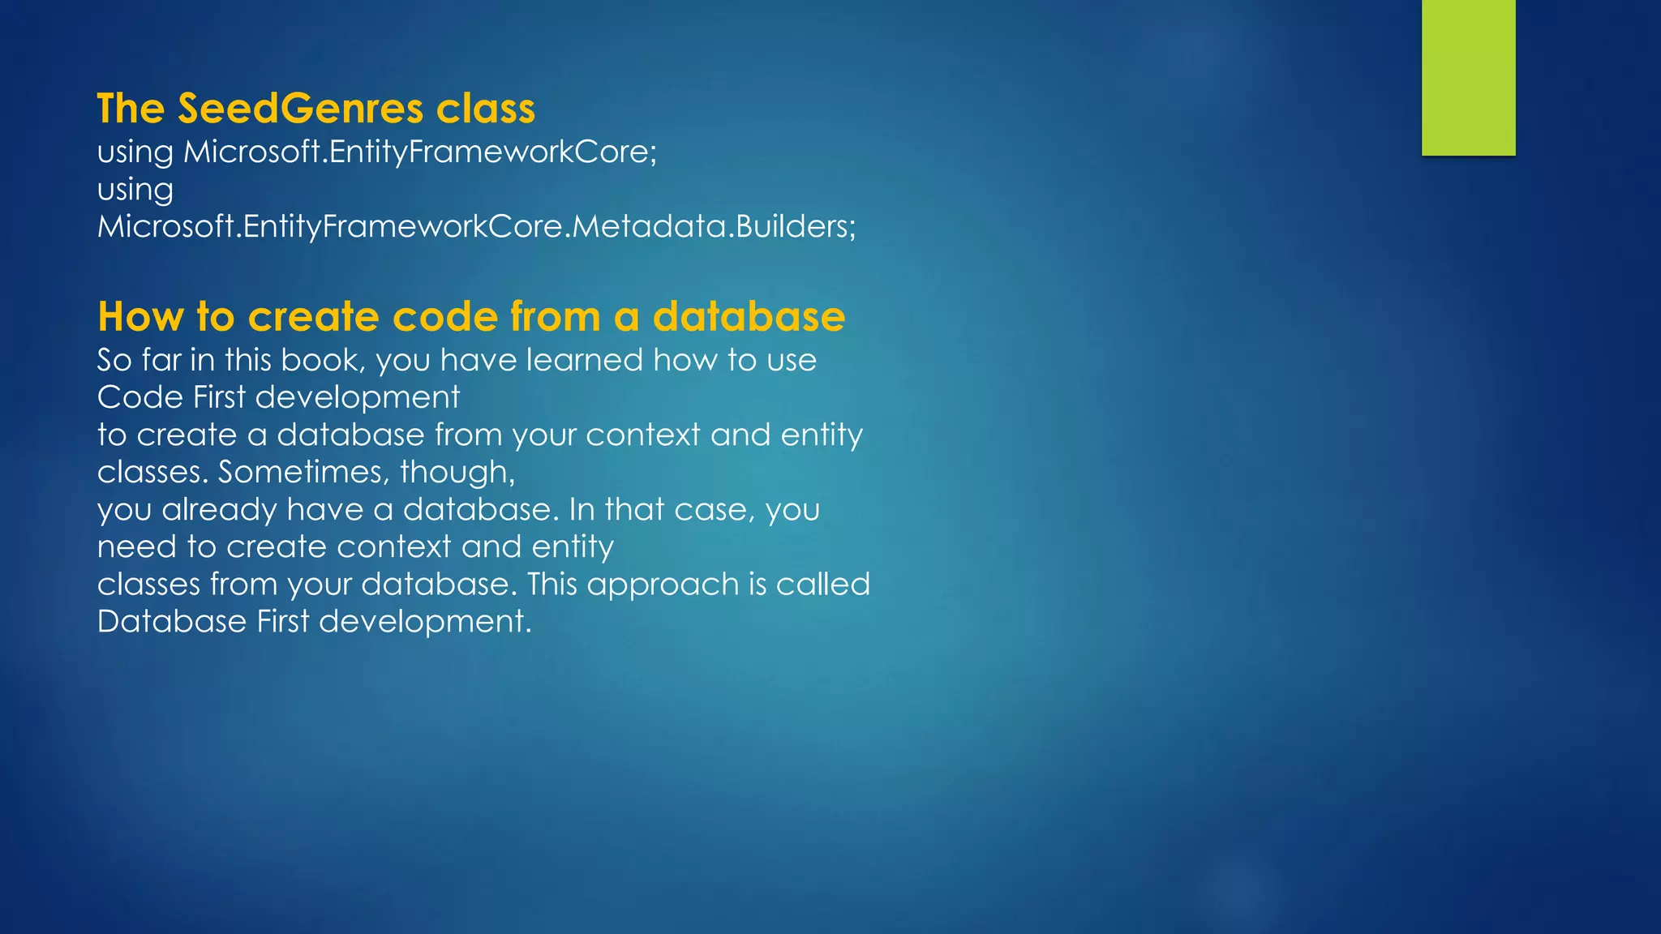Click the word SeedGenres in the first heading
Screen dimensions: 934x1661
[300, 109]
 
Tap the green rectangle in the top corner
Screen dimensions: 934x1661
[1468, 77]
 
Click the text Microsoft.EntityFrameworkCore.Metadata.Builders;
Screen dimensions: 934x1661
[476, 226]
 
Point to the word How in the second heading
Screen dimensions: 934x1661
[140, 316]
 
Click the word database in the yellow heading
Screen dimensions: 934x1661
[749, 316]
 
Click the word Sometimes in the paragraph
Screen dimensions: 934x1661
[303, 472]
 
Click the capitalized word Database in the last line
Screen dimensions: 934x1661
[171, 622]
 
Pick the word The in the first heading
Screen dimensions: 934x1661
[131, 109]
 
